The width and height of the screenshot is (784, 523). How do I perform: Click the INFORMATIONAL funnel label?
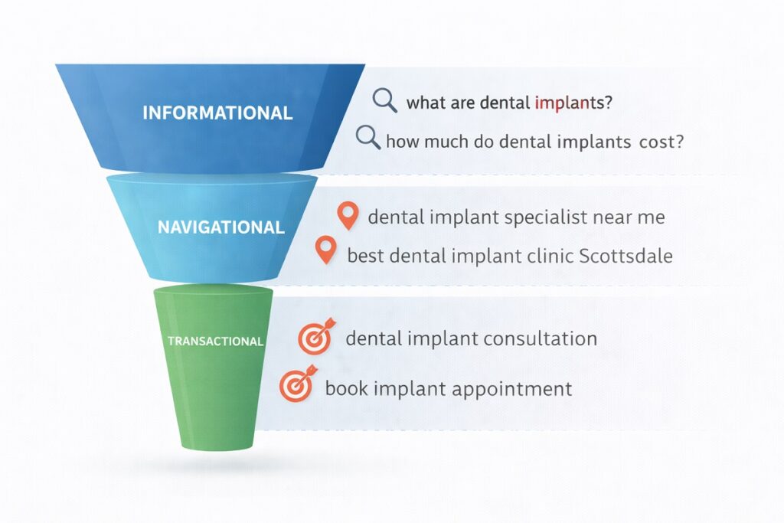tap(217, 113)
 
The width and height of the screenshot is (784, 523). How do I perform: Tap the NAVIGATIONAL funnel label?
tap(221, 227)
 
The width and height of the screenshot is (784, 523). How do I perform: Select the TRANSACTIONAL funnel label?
tap(215, 342)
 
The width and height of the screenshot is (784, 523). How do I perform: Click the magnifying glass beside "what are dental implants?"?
tap(384, 100)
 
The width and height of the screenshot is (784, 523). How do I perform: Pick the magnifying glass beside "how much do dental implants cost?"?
tap(368, 137)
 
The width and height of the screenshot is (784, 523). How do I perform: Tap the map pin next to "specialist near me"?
tap(348, 215)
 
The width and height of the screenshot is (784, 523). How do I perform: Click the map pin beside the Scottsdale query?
tap(326, 250)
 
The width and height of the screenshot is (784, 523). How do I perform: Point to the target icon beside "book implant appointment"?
tap(299, 384)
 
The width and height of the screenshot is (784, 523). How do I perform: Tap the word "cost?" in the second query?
tap(661, 142)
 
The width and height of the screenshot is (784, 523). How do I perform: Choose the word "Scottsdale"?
tap(626, 256)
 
